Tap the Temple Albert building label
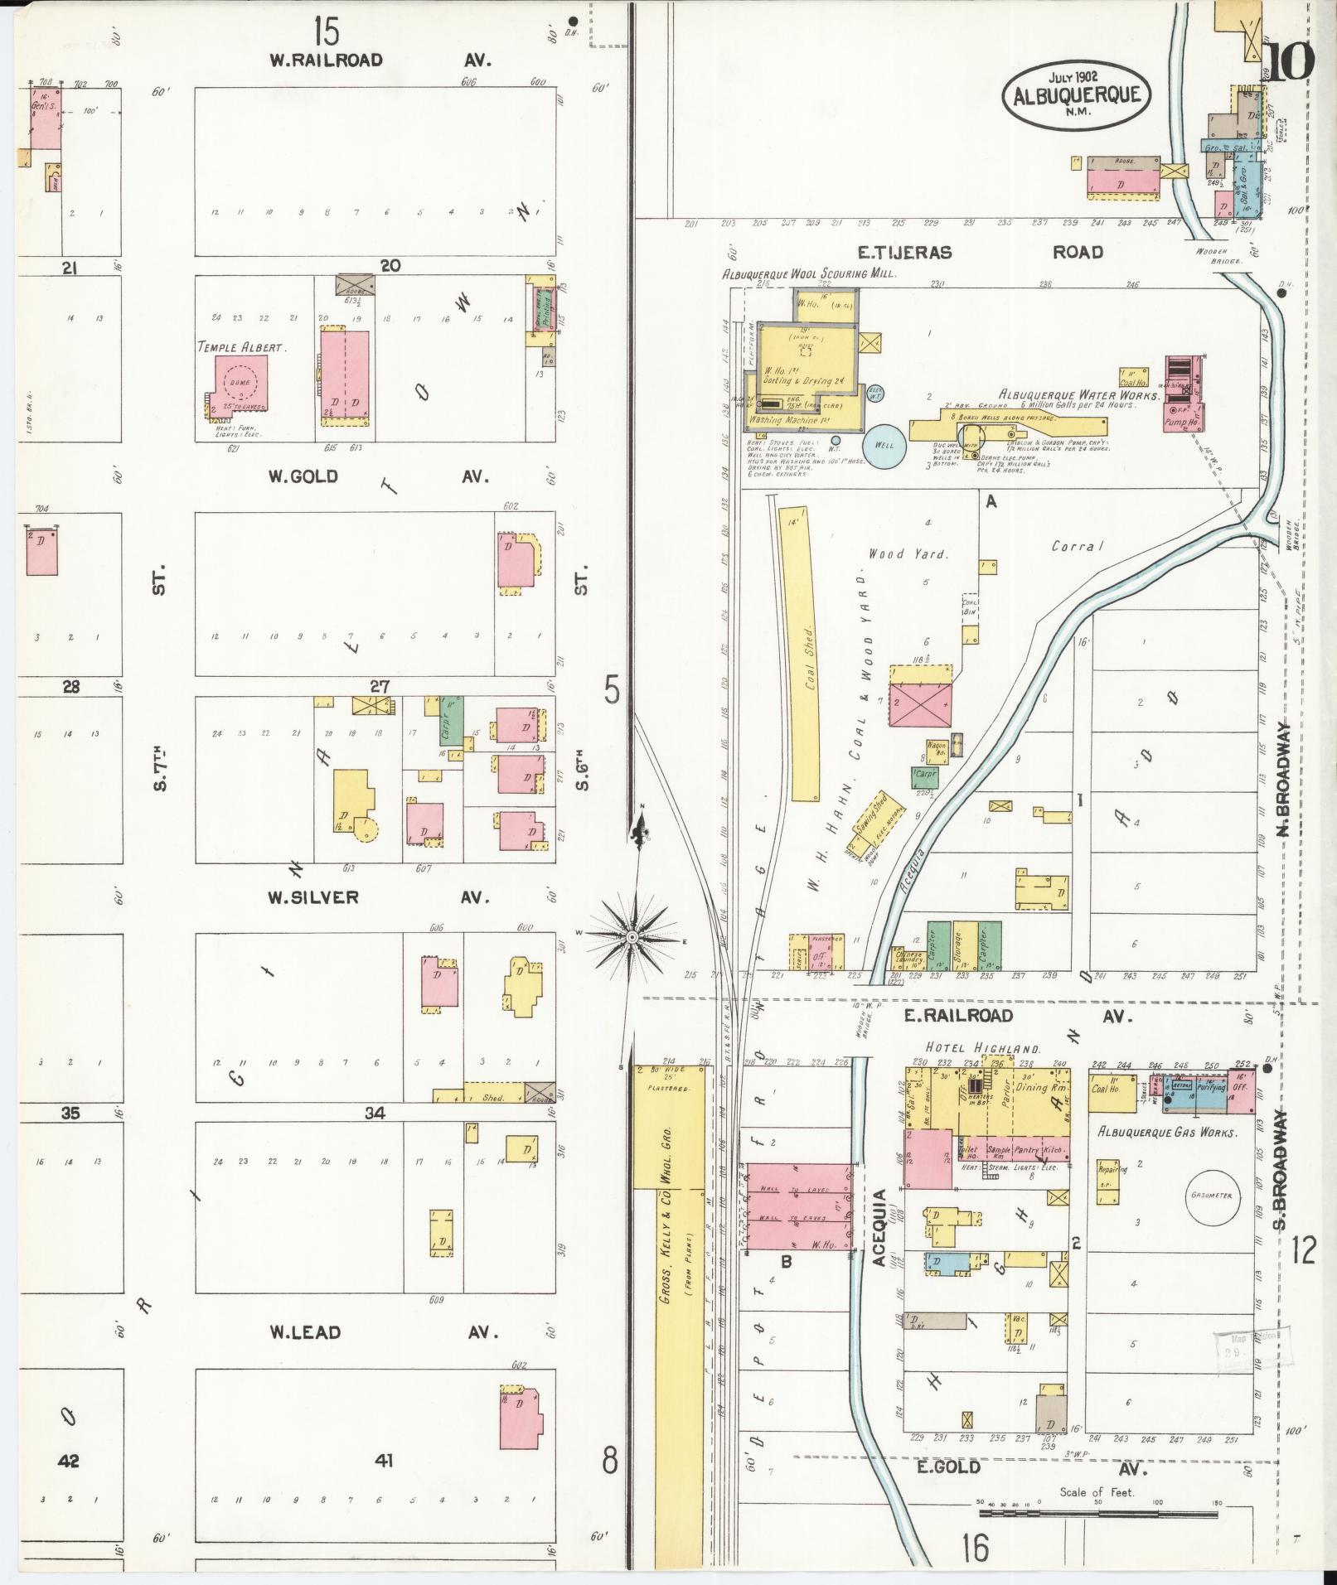tap(241, 348)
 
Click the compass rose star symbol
tap(632, 936)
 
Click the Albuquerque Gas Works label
tap(1167, 1132)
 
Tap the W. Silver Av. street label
tap(379, 897)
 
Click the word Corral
tap(1078, 546)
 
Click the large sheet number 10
tap(1290, 62)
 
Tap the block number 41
tap(383, 1462)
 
